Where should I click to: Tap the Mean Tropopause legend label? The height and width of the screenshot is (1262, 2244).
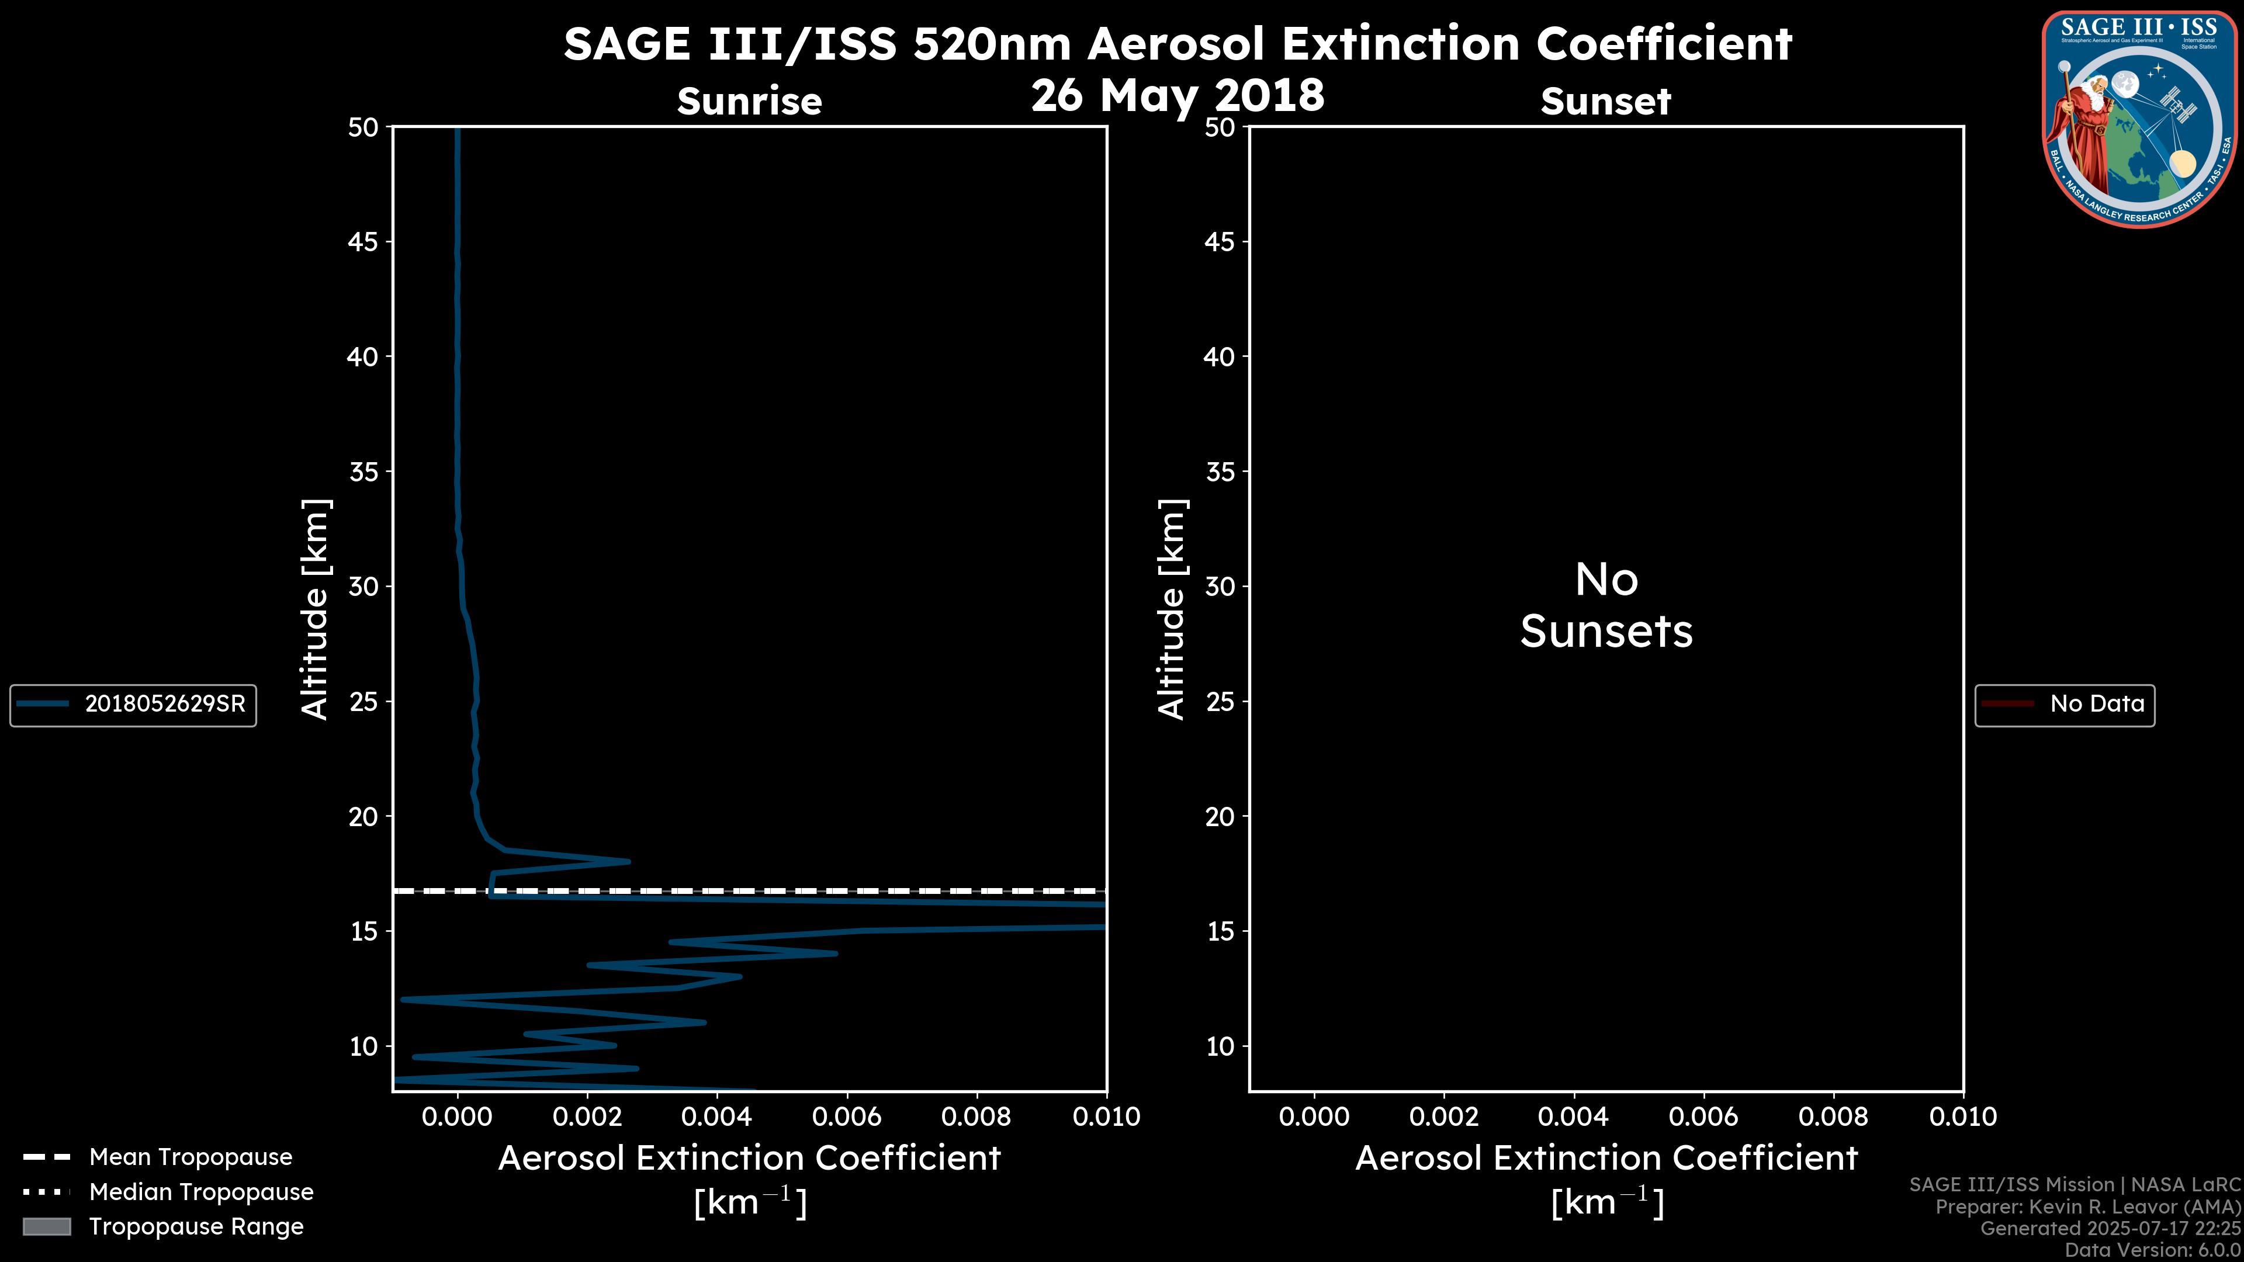[x=190, y=1157]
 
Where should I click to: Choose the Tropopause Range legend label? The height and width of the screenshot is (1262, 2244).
[x=196, y=1226]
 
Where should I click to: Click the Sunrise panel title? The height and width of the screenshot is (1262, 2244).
[x=749, y=101]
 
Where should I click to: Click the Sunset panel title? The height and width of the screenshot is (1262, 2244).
[x=1605, y=101]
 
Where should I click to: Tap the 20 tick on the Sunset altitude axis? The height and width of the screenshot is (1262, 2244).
[x=1220, y=816]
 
